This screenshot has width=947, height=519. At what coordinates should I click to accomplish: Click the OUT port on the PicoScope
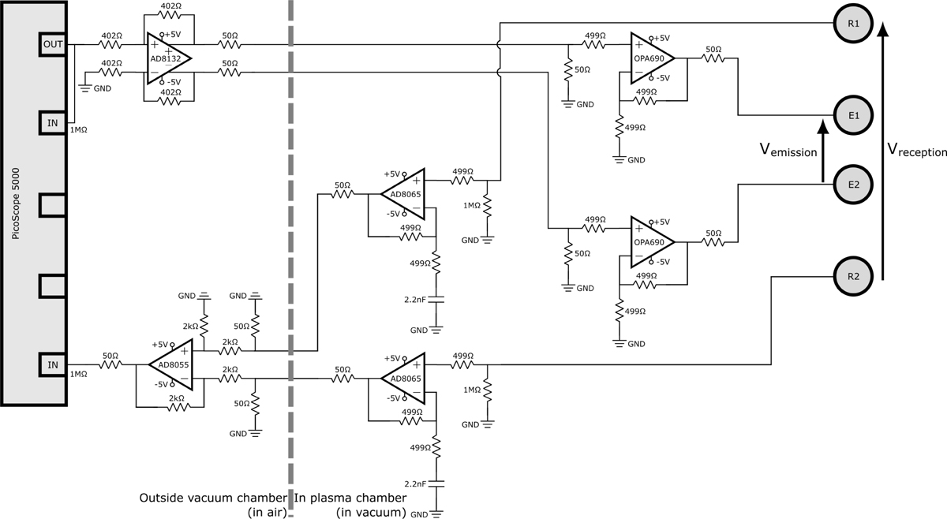click(x=53, y=45)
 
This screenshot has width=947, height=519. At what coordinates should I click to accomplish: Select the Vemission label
click(x=788, y=150)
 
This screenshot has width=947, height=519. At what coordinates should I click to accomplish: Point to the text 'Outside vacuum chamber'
click(x=212, y=498)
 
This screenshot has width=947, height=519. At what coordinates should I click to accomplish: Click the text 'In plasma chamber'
click(x=350, y=498)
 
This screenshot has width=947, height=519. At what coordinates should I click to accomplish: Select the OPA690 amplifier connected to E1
click(x=650, y=58)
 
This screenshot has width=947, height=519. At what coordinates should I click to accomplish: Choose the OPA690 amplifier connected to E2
click(x=650, y=241)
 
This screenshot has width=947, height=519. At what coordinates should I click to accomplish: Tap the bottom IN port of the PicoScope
click(x=53, y=364)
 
